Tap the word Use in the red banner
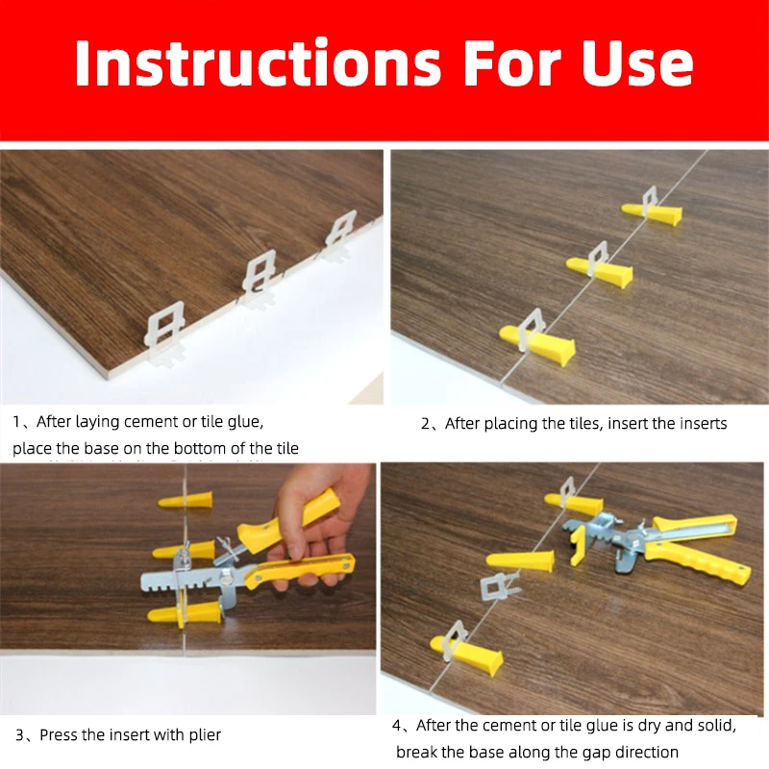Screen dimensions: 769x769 [637, 63]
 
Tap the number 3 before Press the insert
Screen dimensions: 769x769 [19, 735]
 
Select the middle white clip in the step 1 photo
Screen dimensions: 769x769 [260, 278]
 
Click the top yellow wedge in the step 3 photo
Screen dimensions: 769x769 [186, 500]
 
